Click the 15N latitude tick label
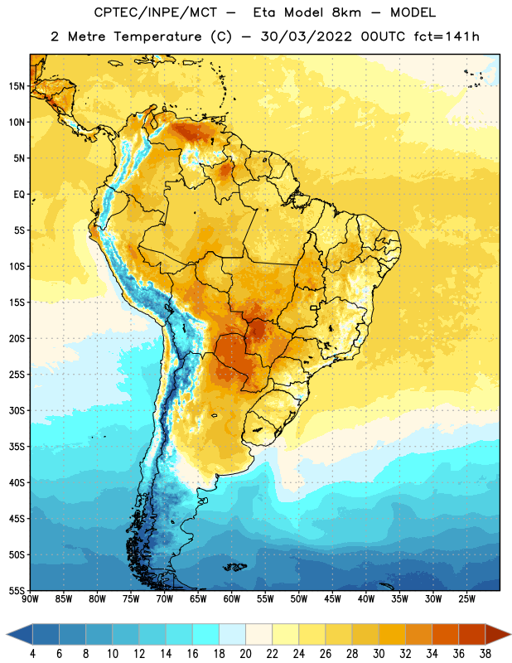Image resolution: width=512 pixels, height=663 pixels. point(17,86)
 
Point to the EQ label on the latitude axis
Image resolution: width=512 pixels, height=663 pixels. point(19,195)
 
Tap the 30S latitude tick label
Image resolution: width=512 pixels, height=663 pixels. point(17,410)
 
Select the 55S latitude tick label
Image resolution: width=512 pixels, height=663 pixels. point(17,590)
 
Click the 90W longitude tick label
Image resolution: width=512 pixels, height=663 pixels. point(30,598)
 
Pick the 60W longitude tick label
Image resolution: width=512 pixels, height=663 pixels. point(231,598)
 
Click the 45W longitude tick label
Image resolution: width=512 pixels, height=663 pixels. point(332,598)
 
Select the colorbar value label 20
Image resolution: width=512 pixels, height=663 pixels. point(245,654)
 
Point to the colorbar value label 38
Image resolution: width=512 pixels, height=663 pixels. point(485,654)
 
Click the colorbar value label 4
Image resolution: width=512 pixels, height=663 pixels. point(32,654)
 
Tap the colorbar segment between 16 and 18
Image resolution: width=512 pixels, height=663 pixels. point(205,634)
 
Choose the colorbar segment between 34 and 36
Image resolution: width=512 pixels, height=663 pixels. point(445,634)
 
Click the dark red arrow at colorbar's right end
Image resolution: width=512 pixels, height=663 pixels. point(498,634)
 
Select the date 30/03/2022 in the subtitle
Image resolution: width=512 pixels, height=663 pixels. point(306,36)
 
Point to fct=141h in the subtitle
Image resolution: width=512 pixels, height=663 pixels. point(447,36)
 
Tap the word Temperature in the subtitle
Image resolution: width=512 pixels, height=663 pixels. point(157,36)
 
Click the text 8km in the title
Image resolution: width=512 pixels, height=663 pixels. point(346,12)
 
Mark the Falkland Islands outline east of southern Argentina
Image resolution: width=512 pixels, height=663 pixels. point(234,567)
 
